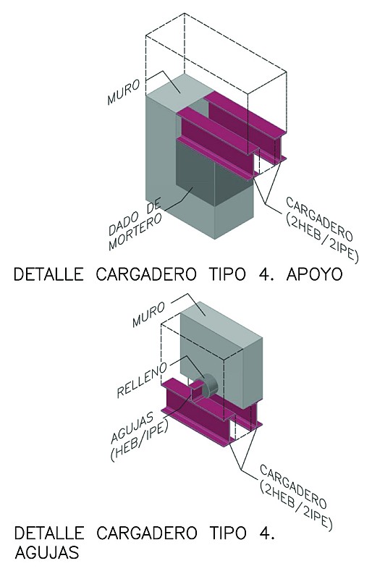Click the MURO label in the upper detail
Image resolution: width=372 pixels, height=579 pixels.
[x=124, y=93]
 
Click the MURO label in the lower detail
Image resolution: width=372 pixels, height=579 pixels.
[x=149, y=314]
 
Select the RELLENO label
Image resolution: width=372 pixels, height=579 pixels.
[x=142, y=381]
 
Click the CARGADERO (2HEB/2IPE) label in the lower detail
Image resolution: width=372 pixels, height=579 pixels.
[x=295, y=496]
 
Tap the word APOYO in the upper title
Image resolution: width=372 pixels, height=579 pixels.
[x=314, y=275]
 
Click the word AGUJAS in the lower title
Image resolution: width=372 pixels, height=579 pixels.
[x=47, y=552]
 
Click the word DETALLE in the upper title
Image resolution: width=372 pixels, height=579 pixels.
[x=48, y=275]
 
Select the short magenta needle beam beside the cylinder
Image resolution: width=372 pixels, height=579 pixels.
[x=196, y=388]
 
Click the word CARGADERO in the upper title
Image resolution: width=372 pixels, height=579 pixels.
[x=146, y=275]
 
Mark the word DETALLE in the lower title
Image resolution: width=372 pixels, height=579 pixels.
[x=48, y=533]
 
